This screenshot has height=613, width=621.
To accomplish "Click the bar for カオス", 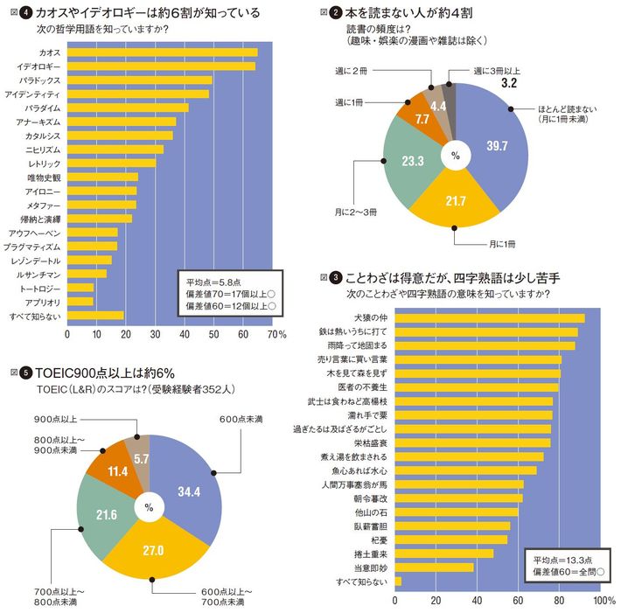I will pos(162,52).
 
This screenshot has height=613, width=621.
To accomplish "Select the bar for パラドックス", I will pos(140,80).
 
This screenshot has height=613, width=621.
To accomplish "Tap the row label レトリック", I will pos(44,163).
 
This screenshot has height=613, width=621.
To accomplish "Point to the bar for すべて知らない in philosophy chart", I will pos(95,316).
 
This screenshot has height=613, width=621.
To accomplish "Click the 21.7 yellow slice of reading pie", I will pos(454,201).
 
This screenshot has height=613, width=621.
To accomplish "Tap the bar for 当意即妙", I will pos(434,567).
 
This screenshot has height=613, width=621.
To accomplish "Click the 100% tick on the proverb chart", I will pos(603,602).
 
